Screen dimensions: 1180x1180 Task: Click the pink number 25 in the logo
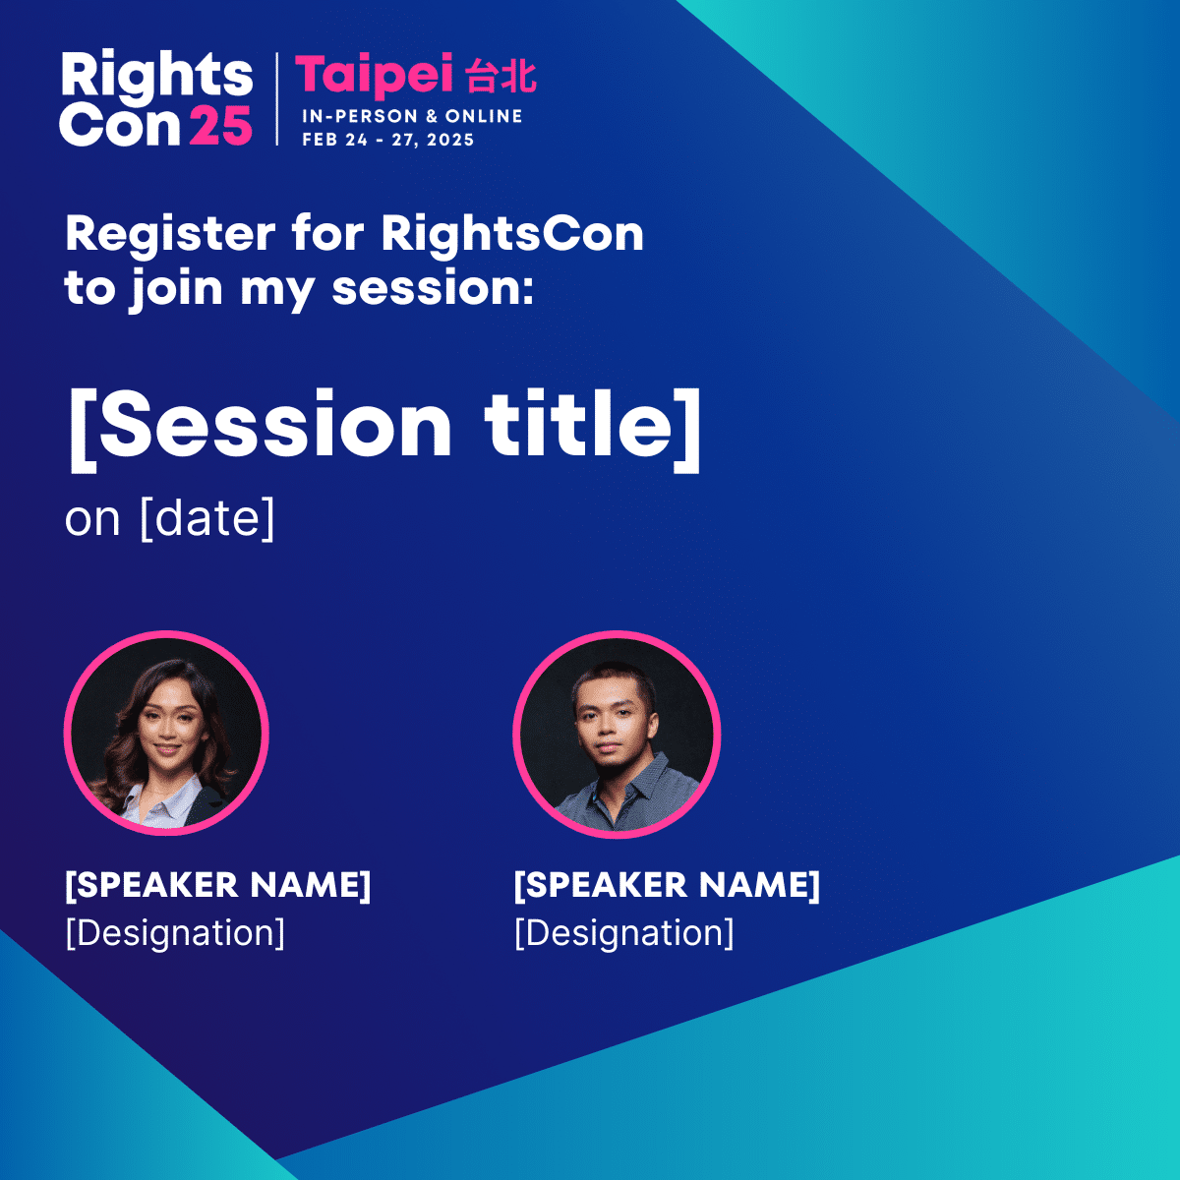tap(220, 125)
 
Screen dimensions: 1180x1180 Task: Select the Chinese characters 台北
tap(501, 77)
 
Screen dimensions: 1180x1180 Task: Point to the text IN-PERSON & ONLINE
tap(412, 116)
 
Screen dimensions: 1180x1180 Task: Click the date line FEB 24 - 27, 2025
tap(388, 140)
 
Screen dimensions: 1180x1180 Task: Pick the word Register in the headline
tap(170, 235)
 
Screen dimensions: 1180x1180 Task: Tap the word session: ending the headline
tap(433, 289)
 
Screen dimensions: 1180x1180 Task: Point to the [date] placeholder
tap(206, 519)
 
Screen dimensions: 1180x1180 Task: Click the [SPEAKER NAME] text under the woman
tap(218, 885)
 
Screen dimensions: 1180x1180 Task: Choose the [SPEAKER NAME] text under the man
tap(667, 885)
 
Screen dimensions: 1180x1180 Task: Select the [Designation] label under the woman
tap(175, 933)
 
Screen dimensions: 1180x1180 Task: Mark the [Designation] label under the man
tap(624, 933)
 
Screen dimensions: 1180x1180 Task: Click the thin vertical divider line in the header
tap(276, 99)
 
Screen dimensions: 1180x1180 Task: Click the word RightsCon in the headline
tap(512, 233)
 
